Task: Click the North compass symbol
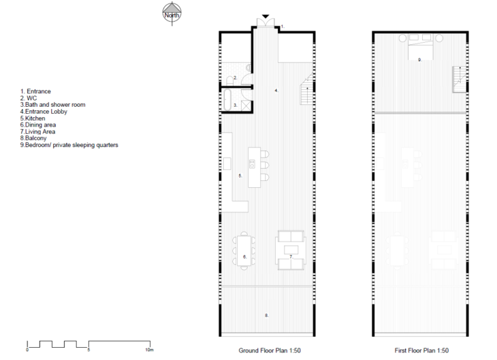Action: click(172, 14)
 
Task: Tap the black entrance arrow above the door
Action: click(266, 16)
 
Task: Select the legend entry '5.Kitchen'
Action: click(33, 118)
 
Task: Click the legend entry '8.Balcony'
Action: click(33, 138)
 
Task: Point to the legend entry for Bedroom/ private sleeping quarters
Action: click(69, 145)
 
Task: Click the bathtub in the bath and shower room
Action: click(227, 100)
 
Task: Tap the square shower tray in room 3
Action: click(246, 105)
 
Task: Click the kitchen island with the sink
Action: click(254, 167)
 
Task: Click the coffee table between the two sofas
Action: click(291, 250)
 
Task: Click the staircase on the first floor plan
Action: click(460, 79)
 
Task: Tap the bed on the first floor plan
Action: click(420, 46)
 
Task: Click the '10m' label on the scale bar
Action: click(149, 350)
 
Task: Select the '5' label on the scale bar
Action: click(89, 350)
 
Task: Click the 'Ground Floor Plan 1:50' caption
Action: click(270, 350)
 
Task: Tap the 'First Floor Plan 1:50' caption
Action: click(421, 350)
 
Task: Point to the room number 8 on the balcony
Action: click(267, 315)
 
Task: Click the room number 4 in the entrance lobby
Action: click(276, 91)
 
